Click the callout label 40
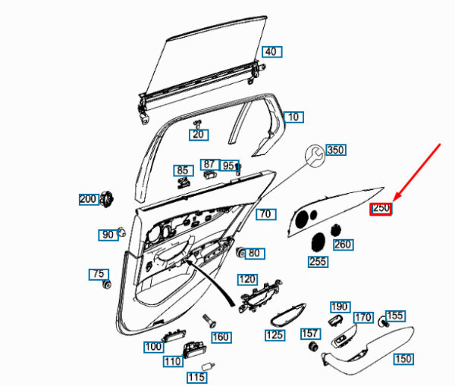(x=271, y=51)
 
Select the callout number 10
(x=293, y=117)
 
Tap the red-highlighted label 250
(x=380, y=208)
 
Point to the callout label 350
(x=334, y=150)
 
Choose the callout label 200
(x=89, y=199)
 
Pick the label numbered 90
(x=107, y=235)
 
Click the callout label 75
(x=98, y=273)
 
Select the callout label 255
(x=318, y=262)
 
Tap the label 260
(x=343, y=244)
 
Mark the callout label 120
(x=247, y=279)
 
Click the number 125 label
(x=274, y=335)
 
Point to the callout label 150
(x=403, y=359)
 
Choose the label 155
(x=395, y=315)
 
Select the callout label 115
(x=196, y=377)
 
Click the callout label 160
(x=220, y=337)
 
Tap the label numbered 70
(x=264, y=214)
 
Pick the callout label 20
(x=198, y=135)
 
